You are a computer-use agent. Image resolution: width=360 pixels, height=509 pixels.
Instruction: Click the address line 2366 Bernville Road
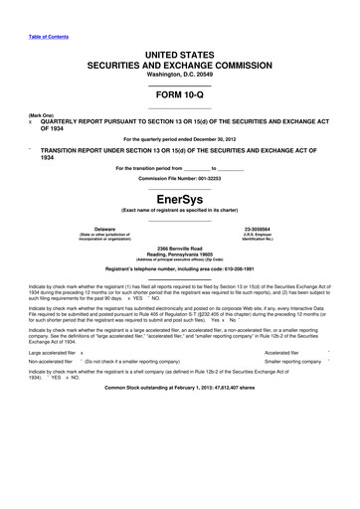click(180, 246)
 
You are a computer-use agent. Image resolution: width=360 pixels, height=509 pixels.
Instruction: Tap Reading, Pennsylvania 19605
click(180, 253)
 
